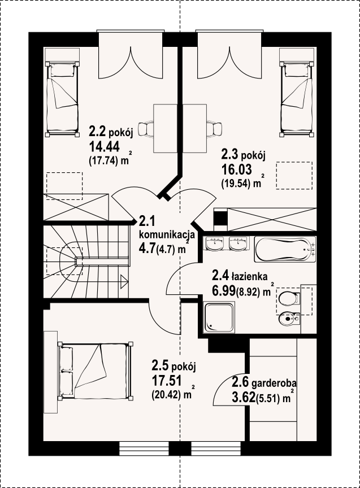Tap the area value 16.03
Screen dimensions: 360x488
click(236, 170)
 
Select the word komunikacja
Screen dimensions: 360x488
click(167, 234)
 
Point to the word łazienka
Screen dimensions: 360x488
click(249, 276)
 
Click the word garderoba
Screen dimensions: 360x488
click(274, 382)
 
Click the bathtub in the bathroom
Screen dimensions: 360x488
click(285, 249)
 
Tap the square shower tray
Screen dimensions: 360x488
click(219, 317)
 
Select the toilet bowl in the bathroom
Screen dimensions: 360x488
click(289, 299)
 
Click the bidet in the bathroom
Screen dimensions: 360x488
click(288, 319)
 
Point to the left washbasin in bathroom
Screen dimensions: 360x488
click(215, 243)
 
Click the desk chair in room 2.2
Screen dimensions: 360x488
click(145, 129)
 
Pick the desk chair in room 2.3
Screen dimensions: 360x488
click(215, 129)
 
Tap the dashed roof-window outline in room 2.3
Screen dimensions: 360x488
click(294, 176)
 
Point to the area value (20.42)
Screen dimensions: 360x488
click(168, 395)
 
